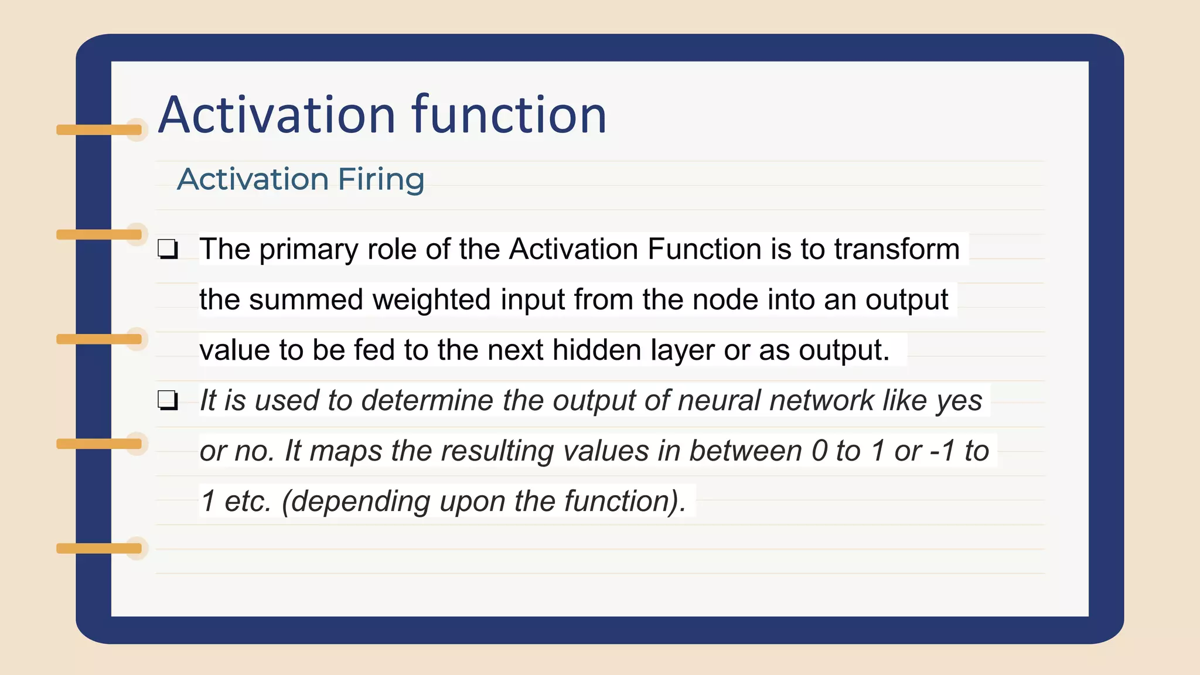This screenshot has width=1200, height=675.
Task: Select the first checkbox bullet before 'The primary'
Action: point(168,250)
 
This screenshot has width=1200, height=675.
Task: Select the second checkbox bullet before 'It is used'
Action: point(168,401)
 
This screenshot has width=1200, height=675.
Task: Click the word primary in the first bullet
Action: point(308,250)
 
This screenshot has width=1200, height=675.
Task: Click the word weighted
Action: point(431,300)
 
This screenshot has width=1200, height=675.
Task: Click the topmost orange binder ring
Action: point(100,129)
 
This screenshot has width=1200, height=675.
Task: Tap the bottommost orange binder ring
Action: point(100,548)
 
